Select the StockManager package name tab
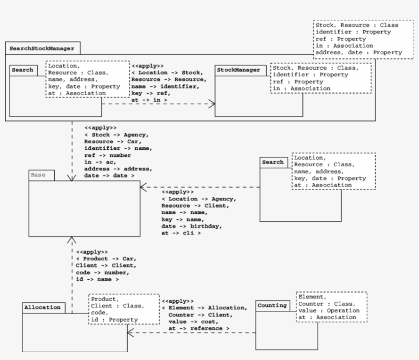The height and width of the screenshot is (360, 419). pos(239,70)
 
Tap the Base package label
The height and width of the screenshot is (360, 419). pos(38,175)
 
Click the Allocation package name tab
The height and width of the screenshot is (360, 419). pos(42,307)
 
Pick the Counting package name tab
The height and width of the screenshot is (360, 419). pos(272,305)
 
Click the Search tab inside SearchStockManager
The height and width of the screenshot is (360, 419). pos(22,70)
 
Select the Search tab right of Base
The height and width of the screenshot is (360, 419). pos(272,162)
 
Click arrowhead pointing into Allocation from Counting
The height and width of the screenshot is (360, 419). pos(130,333)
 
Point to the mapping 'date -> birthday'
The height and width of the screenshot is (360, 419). pos(191,226)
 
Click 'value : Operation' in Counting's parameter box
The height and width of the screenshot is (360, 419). pos(329,310)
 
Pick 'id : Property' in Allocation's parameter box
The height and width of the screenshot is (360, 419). pos(114,320)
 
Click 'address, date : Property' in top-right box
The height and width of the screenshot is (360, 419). pos(358,52)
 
